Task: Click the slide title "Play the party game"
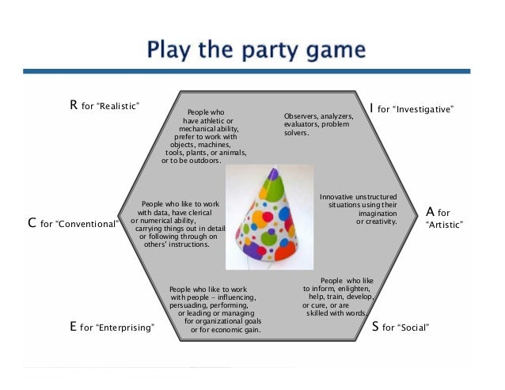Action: pyautogui.click(x=256, y=52)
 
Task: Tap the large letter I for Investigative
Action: pyautogui.click(x=372, y=108)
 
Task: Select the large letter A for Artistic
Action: pyautogui.click(x=431, y=212)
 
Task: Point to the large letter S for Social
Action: pyautogui.click(x=376, y=325)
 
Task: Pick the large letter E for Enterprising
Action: pyautogui.click(x=74, y=325)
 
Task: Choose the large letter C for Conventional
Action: pyautogui.click(x=32, y=223)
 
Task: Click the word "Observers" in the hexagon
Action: pyautogui.click(x=301, y=116)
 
